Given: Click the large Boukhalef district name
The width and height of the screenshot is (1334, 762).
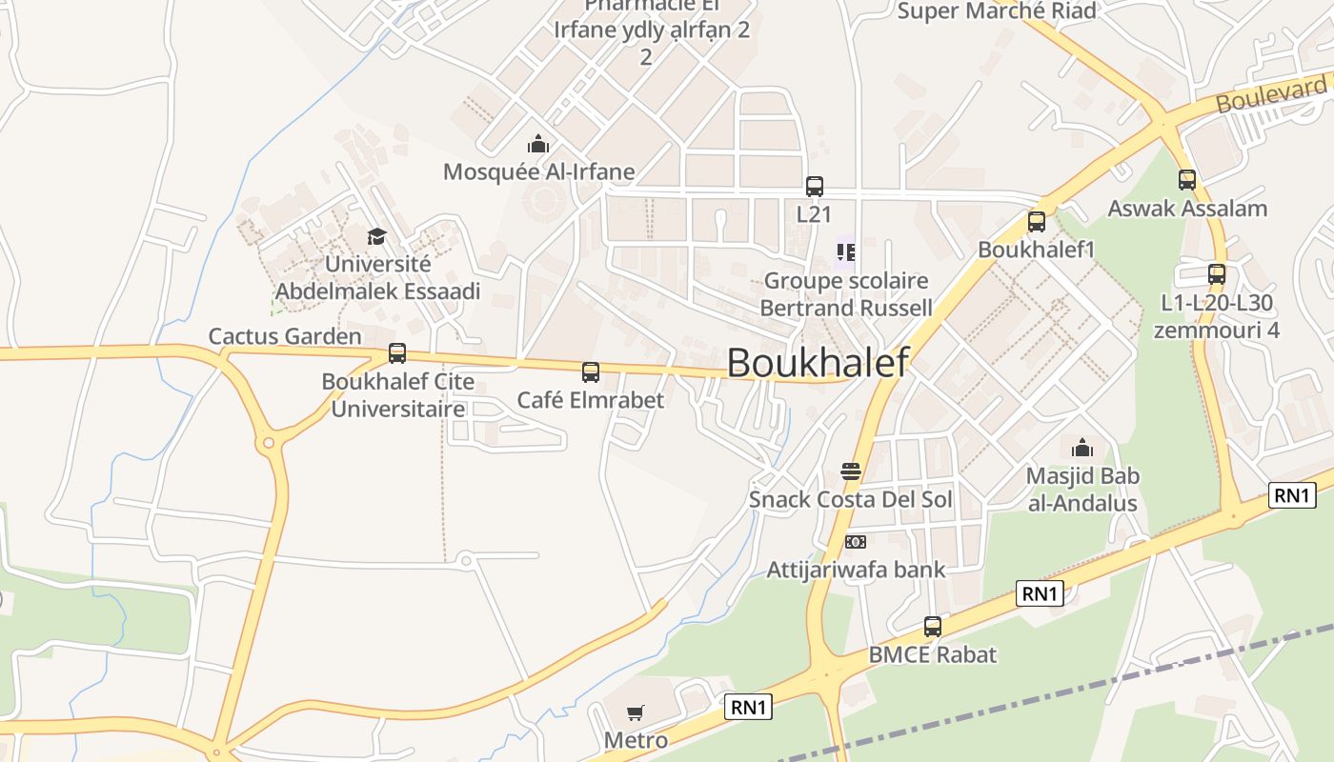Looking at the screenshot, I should point(818,362).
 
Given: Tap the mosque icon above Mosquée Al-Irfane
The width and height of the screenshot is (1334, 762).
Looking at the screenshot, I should point(538,145).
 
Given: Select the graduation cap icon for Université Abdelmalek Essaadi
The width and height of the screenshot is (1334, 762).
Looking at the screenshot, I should point(377,236).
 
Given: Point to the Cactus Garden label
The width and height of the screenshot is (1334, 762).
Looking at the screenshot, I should point(285,336).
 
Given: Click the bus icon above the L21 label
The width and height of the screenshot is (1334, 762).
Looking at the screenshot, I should point(814,187).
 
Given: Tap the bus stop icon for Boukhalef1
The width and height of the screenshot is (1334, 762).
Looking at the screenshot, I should point(1037,222).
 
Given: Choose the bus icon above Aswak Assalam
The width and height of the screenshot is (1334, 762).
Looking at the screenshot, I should point(1186,180).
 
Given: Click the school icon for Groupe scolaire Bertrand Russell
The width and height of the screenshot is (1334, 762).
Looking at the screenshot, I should point(846,252).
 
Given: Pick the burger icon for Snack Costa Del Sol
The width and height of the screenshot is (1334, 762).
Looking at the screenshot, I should point(851,471).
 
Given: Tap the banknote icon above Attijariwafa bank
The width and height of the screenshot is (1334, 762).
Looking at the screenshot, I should point(856,542).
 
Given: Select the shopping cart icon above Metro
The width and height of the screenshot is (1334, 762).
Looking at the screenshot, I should point(636,712).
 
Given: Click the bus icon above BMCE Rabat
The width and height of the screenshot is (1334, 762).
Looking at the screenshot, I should point(933,627).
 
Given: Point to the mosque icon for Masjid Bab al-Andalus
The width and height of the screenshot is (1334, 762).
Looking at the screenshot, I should point(1082,448).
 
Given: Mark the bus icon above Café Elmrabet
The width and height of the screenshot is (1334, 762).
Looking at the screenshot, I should point(591,372).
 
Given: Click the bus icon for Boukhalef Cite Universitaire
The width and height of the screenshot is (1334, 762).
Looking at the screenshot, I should point(397,353).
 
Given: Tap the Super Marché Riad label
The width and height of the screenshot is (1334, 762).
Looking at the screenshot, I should point(997,11).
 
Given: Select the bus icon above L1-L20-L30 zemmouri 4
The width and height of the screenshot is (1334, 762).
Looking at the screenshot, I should point(1217,274).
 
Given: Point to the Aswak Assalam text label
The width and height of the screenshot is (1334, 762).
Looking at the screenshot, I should point(1186,208).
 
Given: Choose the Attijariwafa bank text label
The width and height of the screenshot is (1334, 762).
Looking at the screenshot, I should point(856,570).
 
